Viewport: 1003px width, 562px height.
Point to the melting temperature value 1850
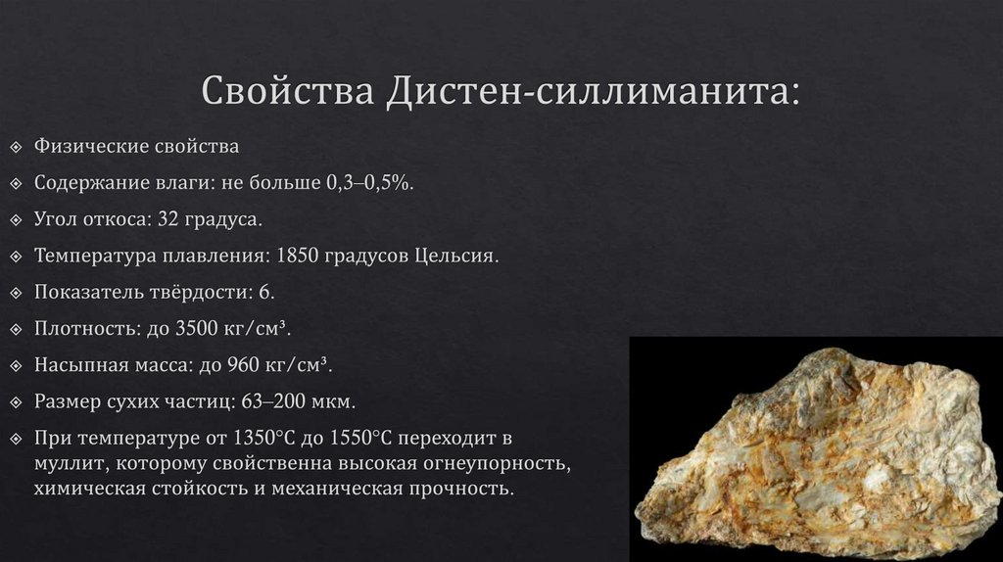(x=301, y=257)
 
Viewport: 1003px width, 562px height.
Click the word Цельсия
(x=457, y=257)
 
